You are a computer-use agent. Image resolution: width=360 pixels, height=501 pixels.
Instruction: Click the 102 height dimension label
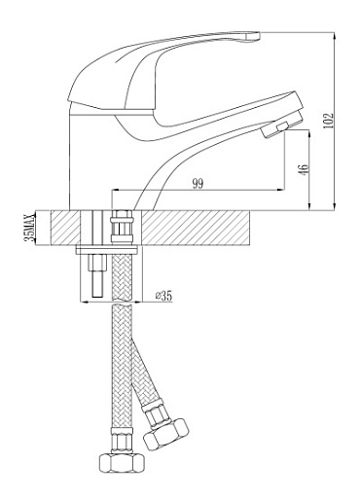328,121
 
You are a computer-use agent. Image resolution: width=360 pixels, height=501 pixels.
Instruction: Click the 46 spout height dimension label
305,170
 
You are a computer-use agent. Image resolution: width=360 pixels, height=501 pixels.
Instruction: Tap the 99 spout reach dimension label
198,184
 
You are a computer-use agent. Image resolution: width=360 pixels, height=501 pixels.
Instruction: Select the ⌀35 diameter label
163,296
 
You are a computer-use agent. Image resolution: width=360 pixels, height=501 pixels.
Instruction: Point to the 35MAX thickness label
30,228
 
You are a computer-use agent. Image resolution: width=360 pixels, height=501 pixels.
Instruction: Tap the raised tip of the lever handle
250,37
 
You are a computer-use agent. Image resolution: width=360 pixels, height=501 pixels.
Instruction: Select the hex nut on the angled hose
165,434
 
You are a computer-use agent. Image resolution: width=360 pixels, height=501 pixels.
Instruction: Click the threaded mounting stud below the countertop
98,275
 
